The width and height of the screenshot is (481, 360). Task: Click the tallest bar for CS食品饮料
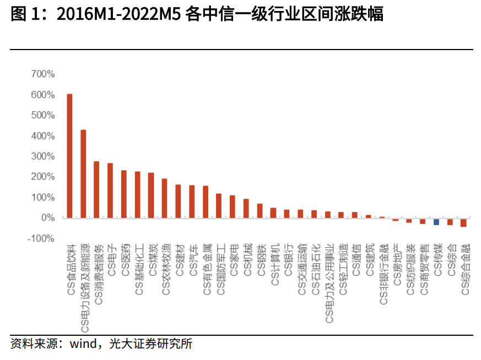pos(69,156)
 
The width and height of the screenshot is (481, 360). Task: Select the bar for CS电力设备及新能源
pos(83,174)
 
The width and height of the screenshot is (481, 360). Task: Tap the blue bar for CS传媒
pos(436,221)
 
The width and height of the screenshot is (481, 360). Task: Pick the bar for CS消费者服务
pos(96,190)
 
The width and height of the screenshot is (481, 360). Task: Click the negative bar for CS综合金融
pos(463,222)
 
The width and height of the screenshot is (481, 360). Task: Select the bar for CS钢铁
pos(260,211)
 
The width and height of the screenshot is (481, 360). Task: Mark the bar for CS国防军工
pos(219,206)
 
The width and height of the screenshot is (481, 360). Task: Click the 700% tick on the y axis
pos(43,74)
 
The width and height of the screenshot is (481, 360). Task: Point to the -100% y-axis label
pos(41,238)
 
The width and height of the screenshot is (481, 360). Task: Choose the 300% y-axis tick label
pos(43,156)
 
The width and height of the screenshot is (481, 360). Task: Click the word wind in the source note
pos(78,344)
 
